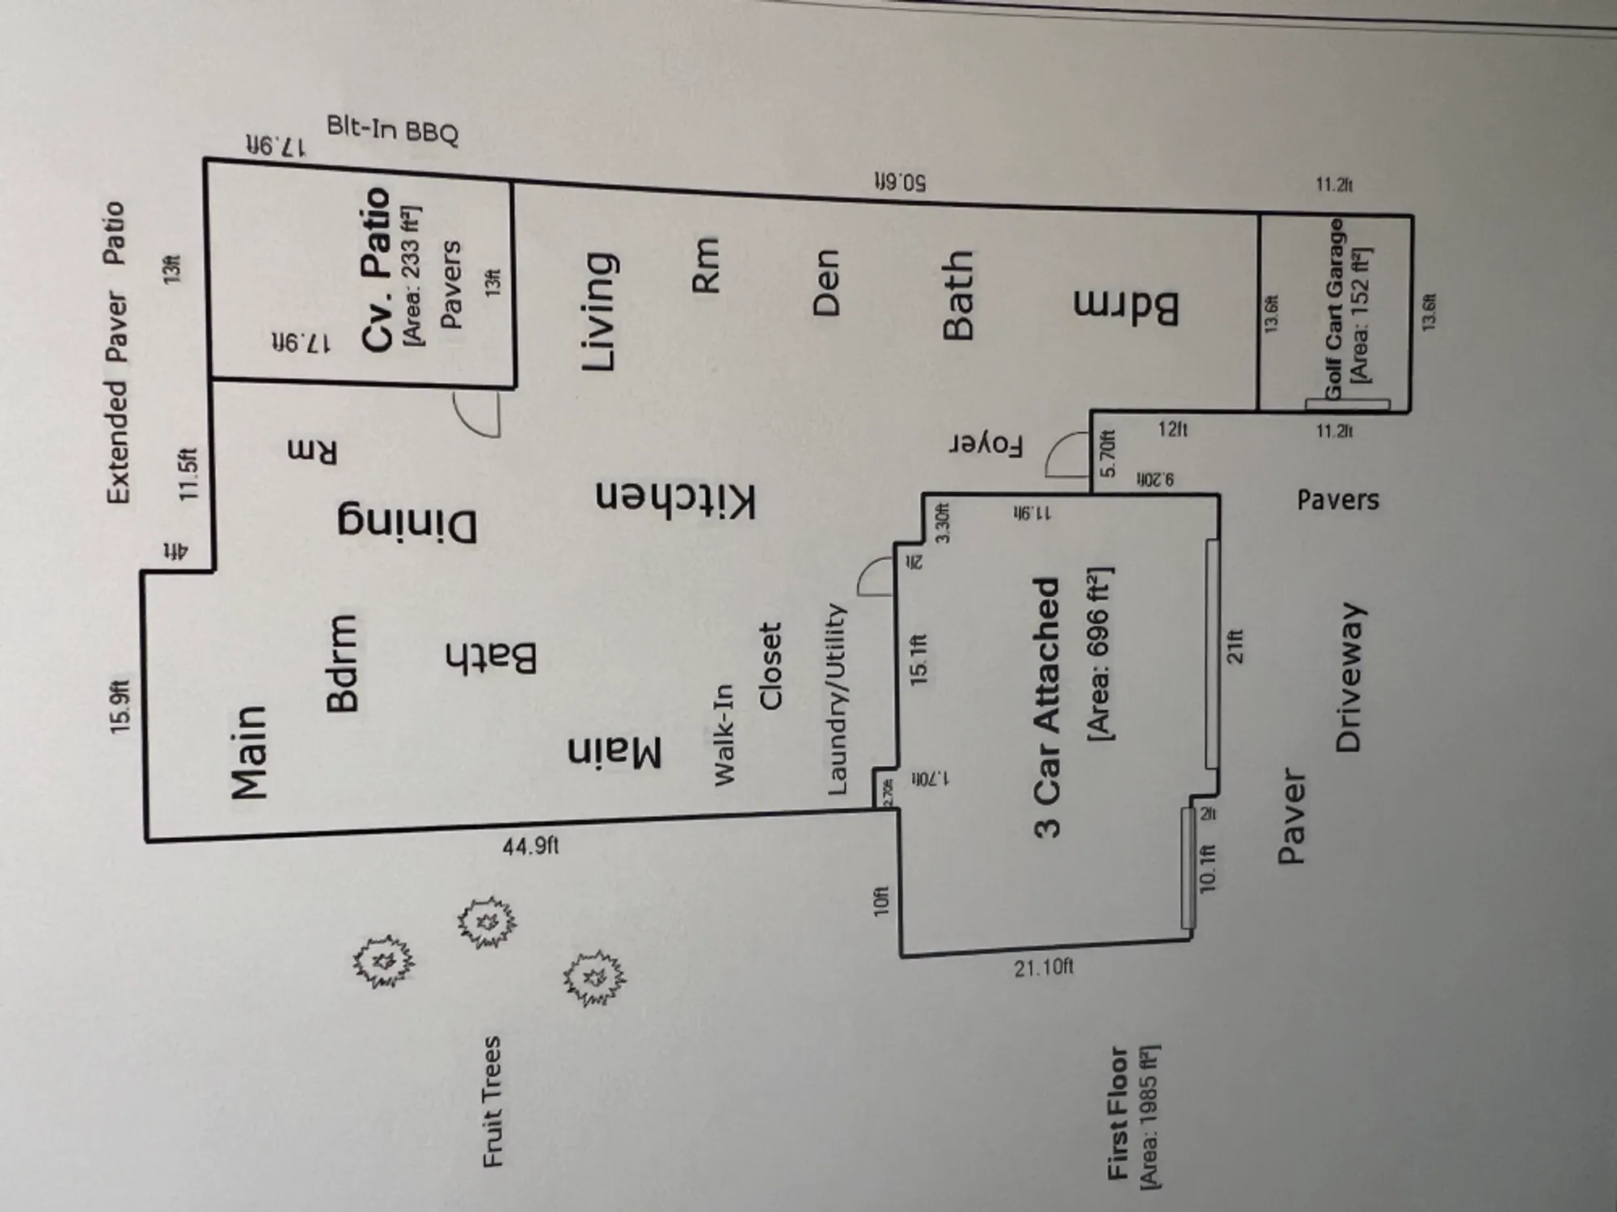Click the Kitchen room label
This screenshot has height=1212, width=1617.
point(676,499)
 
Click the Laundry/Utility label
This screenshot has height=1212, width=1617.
point(836,699)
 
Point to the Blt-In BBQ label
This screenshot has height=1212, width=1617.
point(393,131)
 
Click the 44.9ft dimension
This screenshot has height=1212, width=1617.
point(530,846)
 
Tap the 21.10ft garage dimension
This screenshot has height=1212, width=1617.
point(1044,966)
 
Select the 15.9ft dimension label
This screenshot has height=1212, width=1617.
point(121,707)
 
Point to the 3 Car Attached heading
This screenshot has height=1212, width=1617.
point(1046,707)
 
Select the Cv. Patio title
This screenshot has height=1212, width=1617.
point(377,270)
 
